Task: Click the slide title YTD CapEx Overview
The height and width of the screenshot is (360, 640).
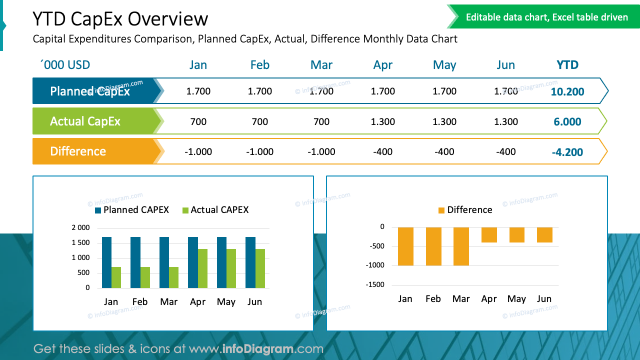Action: [x=120, y=19]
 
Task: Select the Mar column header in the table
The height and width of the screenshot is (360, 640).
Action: [x=321, y=65]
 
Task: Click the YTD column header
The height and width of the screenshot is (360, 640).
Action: [x=567, y=65]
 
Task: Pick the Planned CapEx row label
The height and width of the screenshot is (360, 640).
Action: [x=90, y=91]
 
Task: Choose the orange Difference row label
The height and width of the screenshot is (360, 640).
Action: [x=78, y=151]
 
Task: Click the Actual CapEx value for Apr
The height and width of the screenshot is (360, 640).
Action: [x=383, y=121]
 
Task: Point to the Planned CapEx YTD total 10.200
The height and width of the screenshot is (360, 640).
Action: [x=567, y=92]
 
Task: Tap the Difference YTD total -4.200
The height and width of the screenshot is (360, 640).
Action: [x=567, y=152]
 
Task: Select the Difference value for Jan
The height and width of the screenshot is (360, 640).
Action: [x=198, y=152]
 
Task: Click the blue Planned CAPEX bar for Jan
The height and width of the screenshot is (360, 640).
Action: [x=106, y=262]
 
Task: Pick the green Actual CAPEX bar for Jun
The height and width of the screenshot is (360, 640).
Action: [x=260, y=268]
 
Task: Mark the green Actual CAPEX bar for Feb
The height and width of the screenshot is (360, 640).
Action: [x=145, y=277]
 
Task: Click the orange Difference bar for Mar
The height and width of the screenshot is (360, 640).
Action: [x=461, y=246]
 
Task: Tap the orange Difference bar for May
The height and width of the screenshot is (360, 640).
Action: [x=516, y=235]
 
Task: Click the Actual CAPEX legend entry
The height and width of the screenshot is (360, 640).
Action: [x=215, y=210]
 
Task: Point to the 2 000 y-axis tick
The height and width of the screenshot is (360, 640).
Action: [x=80, y=228]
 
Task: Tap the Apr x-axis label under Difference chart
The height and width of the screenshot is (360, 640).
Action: [x=488, y=299]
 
